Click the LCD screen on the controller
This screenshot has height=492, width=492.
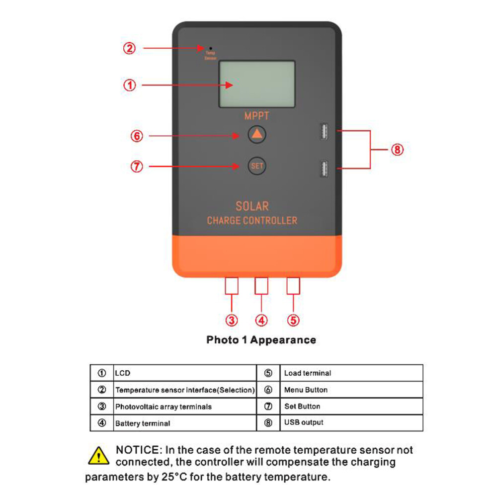257,84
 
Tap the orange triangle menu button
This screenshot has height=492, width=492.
257,134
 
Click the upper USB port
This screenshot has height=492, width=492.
324,131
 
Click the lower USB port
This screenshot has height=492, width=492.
324,169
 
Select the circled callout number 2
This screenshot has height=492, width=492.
129,48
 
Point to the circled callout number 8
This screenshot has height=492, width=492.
397,150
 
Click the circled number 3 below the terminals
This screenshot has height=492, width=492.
232,320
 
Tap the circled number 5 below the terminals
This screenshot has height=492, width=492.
294,320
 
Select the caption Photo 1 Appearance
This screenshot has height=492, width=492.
261,340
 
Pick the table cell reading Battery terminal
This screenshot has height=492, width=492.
143,424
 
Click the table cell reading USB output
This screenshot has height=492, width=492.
304,422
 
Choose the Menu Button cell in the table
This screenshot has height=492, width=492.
306,390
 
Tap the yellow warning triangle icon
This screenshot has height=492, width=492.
98,455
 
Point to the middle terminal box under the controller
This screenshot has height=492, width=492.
261,286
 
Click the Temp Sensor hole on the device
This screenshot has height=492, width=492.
211,48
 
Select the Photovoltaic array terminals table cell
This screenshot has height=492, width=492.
164,407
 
